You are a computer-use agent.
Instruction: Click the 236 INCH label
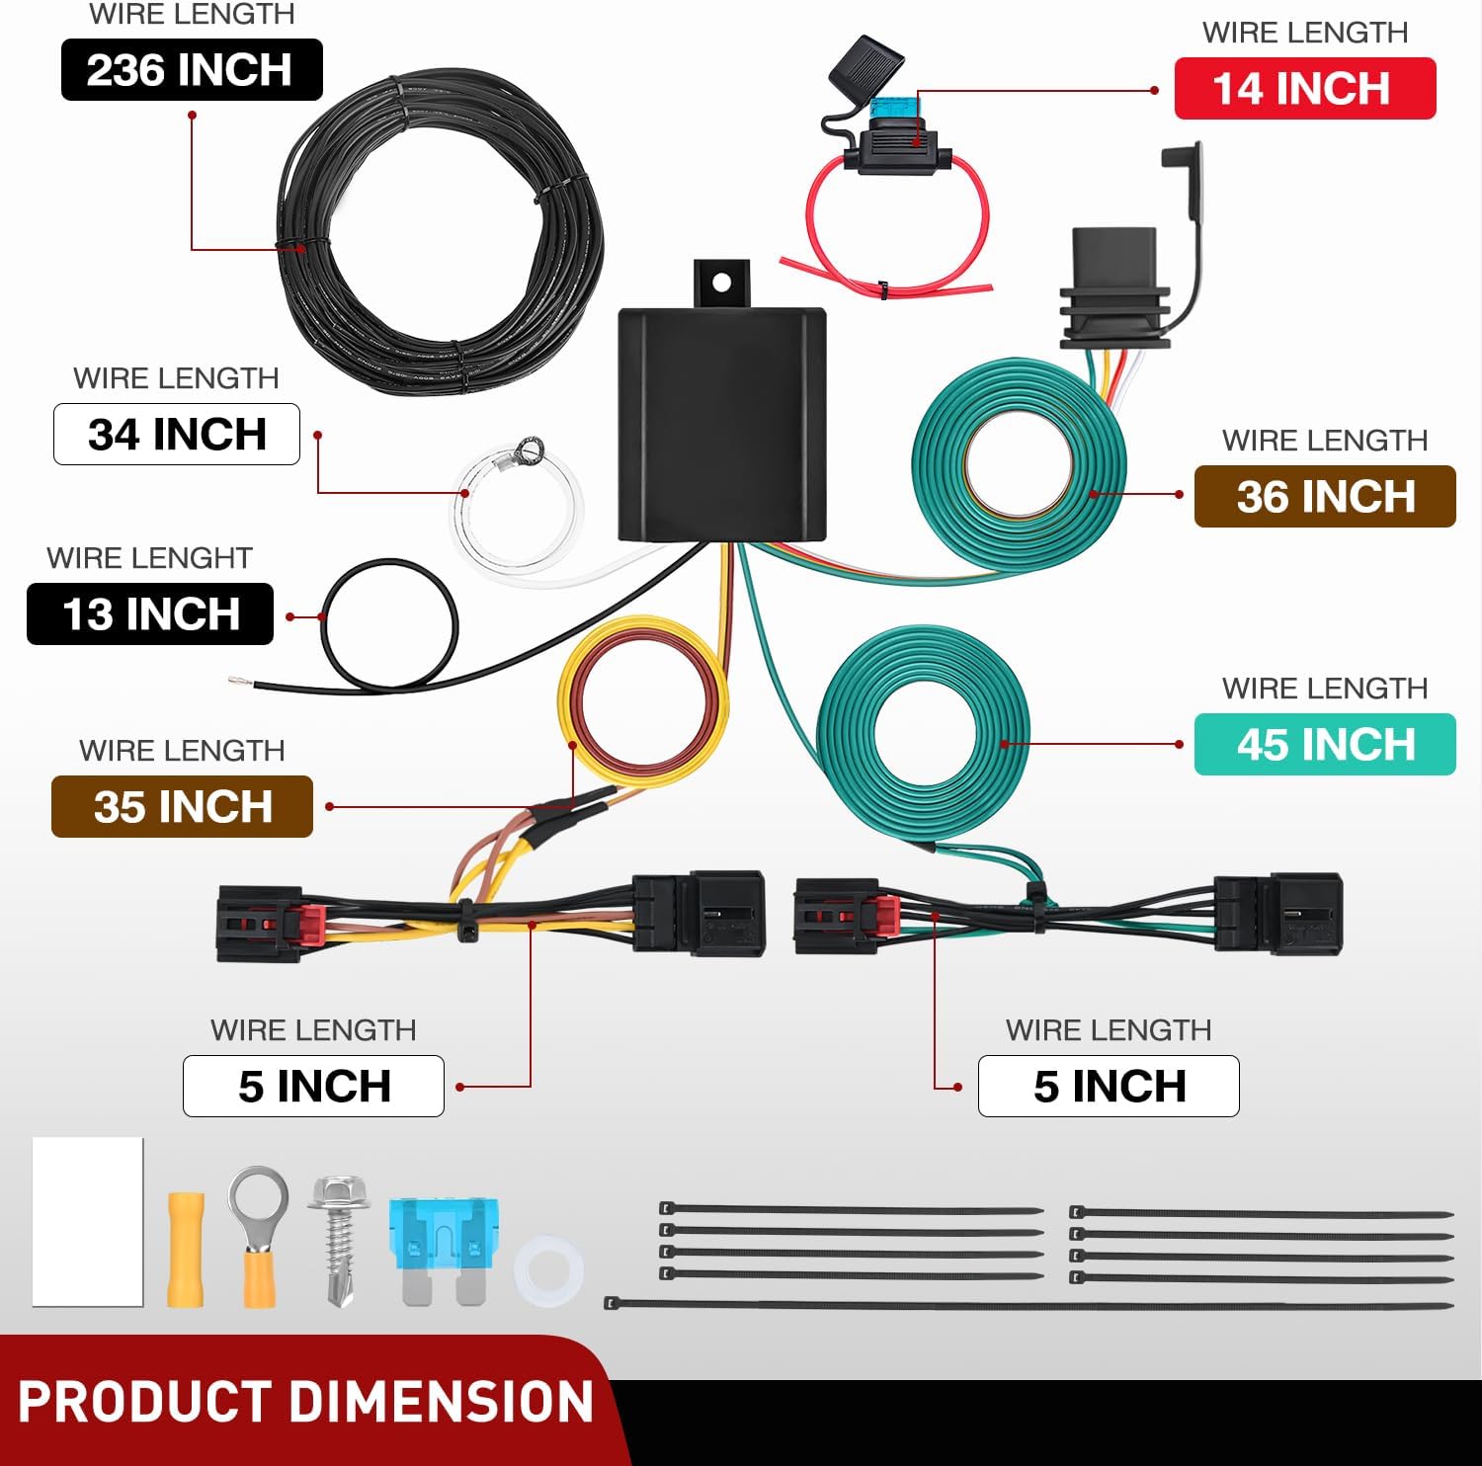tap(192, 70)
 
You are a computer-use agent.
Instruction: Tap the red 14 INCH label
tap(1304, 89)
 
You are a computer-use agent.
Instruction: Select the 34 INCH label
tap(177, 435)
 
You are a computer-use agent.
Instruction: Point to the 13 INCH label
tap(150, 614)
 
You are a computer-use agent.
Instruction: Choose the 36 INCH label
tap(1325, 497)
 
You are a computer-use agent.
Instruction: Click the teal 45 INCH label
tap(1325, 745)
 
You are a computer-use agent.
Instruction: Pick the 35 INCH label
tap(182, 807)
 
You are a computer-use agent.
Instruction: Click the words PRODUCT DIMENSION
tap(305, 1403)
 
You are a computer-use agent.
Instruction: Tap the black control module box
tap(722, 425)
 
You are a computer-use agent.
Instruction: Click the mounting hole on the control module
tap(722, 284)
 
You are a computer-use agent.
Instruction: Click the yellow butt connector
tap(186, 1250)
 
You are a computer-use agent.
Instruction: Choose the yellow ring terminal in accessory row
tap(259, 1235)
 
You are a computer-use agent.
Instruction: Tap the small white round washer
tap(548, 1270)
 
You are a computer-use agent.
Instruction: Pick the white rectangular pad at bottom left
tap(88, 1222)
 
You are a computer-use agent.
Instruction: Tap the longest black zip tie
tap(1028, 1305)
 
